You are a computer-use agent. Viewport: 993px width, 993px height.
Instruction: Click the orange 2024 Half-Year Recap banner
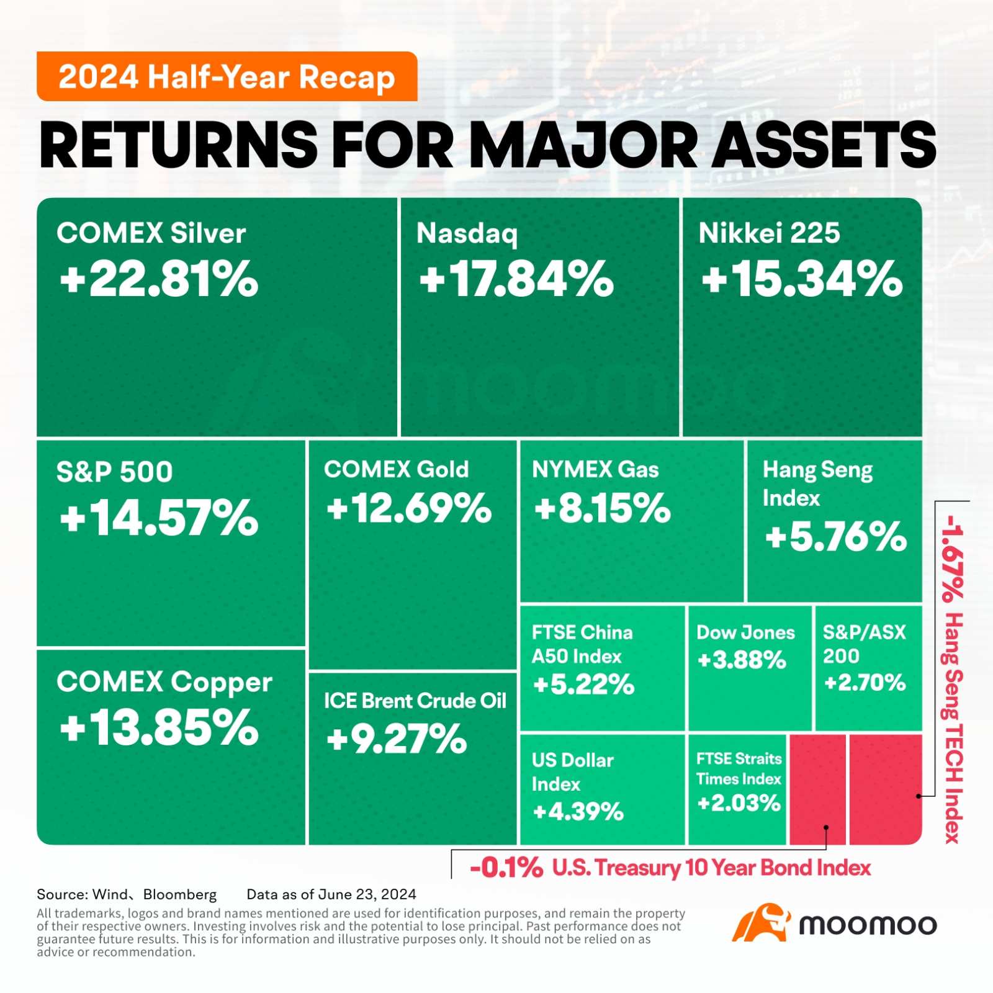click(227, 76)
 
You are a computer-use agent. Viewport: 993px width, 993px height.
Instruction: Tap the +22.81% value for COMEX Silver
click(159, 279)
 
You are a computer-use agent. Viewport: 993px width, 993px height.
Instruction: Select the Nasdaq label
click(467, 234)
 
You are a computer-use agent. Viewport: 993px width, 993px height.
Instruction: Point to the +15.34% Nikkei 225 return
click(802, 279)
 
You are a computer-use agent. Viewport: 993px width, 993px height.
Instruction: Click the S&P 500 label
click(114, 472)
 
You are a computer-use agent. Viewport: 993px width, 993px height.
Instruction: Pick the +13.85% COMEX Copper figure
click(159, 728)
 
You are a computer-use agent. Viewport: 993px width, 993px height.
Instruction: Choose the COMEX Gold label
click(396, 469)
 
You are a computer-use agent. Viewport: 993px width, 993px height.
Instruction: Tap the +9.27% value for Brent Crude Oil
click(397, 739)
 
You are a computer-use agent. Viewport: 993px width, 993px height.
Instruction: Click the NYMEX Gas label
click(595, 470)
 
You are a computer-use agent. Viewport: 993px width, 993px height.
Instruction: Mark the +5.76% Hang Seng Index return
click(835, 537)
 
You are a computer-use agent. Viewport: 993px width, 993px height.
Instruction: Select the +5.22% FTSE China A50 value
click(583, 685)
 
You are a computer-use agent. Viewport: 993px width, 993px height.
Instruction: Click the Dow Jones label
click(745, 632)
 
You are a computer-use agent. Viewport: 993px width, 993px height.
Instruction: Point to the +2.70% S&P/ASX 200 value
click(865, 683)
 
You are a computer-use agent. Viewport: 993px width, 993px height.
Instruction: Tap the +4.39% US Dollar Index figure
click(578, 811)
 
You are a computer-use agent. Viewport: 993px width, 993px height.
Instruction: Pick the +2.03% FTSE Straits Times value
click(739, 803)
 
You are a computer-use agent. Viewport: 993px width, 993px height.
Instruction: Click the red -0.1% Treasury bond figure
click(506, 868)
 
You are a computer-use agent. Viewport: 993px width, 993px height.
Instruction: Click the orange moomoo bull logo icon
click(761, 923)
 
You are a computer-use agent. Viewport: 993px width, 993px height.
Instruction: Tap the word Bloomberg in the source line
click(180, 894)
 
